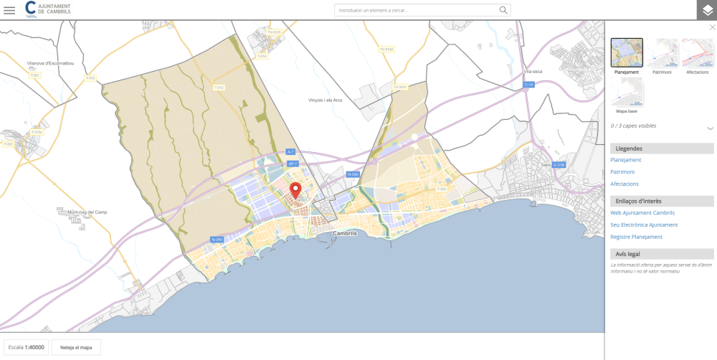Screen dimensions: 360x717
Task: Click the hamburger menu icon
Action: tap(9, 10)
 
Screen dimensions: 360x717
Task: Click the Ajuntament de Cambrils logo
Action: tap(48, 9)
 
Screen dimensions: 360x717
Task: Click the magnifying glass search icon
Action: tap(503, 10)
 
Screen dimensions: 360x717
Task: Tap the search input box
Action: tap(416, 10)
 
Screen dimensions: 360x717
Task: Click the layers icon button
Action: tap(707, 10)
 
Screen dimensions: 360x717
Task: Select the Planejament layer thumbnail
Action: tap(627, 52)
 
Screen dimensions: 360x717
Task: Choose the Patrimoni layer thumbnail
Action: tap(662, 52)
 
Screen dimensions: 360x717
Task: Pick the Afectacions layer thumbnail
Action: tap(697, 52)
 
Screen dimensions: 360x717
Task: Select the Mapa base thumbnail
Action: tap(627, 92)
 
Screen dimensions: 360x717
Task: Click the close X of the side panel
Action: tap(712, 27)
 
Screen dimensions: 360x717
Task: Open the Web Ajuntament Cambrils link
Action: tap(642, 213)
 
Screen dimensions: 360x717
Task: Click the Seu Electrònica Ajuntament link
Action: tap(644, 225)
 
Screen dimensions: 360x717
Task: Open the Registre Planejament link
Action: tap(636, 237)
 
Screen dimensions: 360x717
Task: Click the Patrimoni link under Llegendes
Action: tap(622, 172)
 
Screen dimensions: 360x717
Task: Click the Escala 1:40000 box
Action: tap(27, 347)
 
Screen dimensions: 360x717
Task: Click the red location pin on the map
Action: tap(295, 190)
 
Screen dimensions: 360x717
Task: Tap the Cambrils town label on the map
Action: tap(345, 233)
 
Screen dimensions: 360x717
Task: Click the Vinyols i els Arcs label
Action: tap(325, 100)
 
